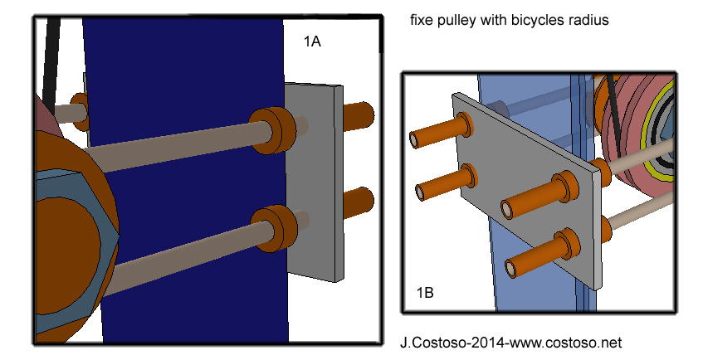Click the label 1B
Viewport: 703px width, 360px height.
[425, 292]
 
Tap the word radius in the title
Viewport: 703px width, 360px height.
[591, 21]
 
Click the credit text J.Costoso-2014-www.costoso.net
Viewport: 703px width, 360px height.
[510, 342]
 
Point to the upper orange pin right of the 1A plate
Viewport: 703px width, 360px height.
[357, 116]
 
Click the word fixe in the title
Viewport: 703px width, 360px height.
[422, 21]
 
